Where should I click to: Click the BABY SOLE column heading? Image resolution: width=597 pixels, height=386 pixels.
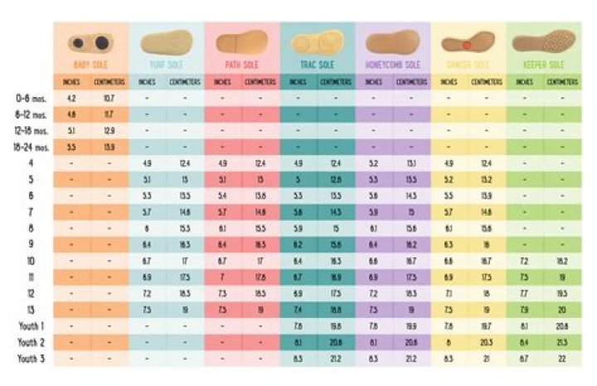point(91,65)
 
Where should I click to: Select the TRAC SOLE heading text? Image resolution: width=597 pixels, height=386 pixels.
point(318,65)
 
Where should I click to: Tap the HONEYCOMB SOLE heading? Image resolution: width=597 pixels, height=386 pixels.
point(394,65)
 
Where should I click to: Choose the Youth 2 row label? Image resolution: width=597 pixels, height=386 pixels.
point(31,342)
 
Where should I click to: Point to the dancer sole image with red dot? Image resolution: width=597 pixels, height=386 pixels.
point(468,42)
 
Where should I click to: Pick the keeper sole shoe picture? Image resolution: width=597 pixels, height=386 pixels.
point(545,41)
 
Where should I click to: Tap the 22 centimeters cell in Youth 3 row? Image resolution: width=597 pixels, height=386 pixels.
point(564,359)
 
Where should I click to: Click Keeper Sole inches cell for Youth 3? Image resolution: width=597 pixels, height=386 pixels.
point(526,359)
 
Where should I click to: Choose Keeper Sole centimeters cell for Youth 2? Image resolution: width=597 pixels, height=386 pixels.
point(564,342)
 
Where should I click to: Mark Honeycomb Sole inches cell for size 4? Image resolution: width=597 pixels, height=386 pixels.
point(374,163)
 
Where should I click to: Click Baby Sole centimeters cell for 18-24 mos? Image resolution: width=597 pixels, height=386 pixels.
point(109,146)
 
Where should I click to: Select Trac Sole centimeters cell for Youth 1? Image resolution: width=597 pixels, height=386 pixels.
point(336,326)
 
